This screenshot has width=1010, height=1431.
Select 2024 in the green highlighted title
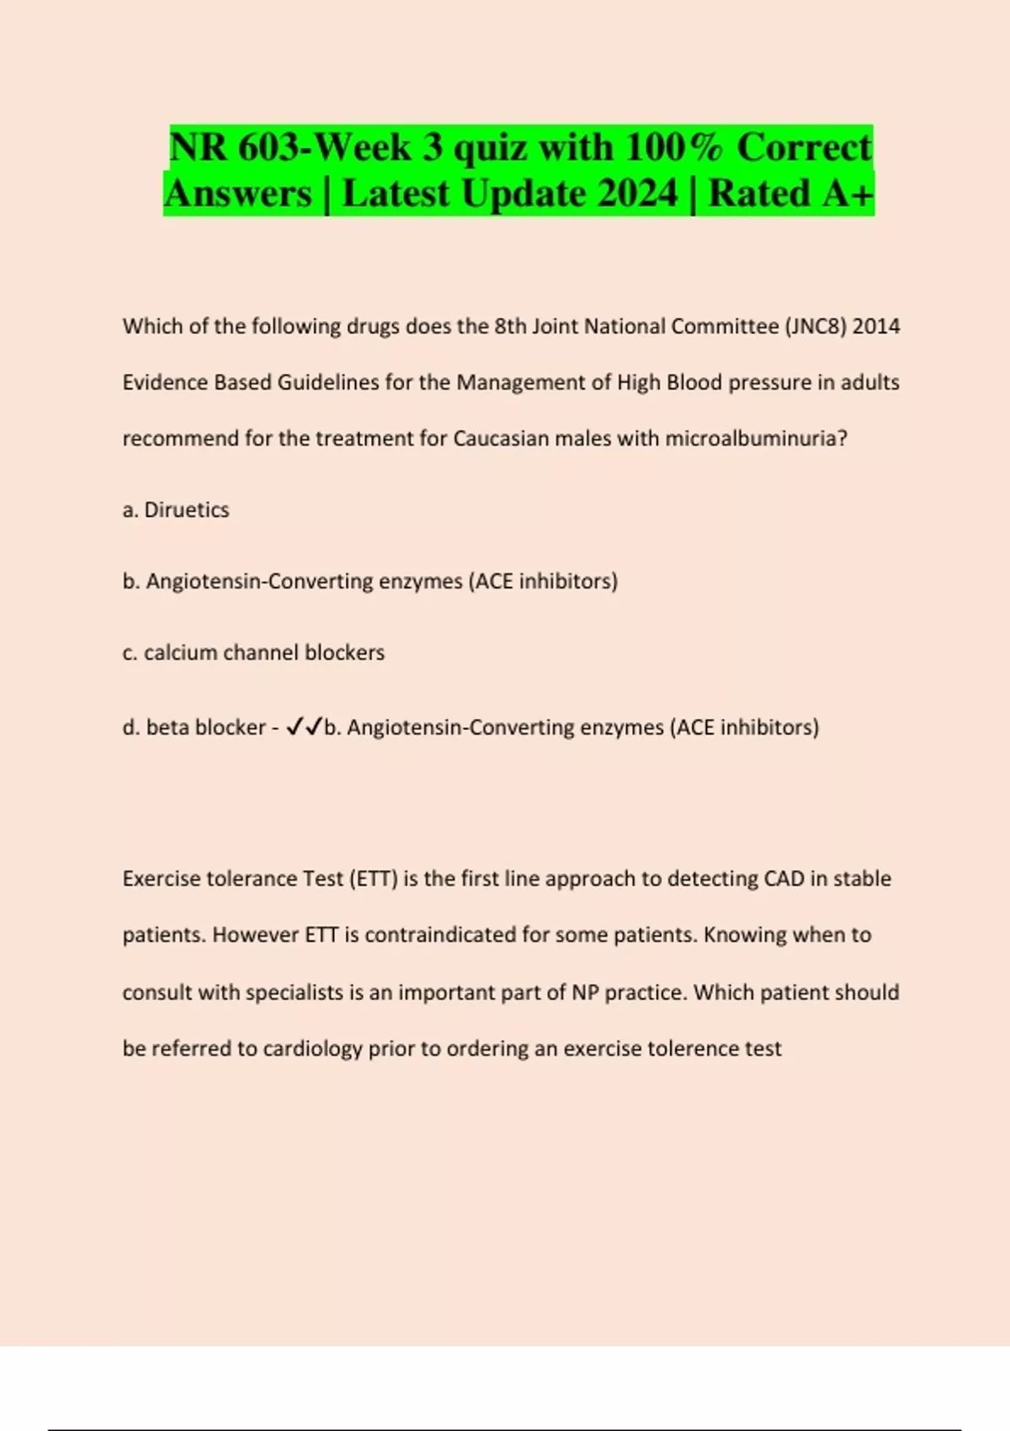point(640,194)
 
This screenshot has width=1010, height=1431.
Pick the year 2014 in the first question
point(876,326)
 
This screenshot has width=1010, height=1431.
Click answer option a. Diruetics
point(176,509)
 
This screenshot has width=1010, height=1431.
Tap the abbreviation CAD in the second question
point(784,879)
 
